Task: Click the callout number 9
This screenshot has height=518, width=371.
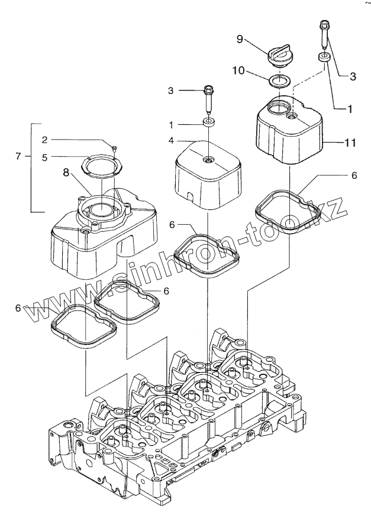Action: pos(240,39)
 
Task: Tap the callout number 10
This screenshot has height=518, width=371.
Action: pos(238,70)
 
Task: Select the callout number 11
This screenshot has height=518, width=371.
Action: pos(350,143)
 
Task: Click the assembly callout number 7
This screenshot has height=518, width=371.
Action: pos(18,156)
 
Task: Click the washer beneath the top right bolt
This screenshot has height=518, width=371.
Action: pos(324,57)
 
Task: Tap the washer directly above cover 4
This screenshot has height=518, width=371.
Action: pos(209,122)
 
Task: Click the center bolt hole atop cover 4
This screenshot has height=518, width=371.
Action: pos(207,159)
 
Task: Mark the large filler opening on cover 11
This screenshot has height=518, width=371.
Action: pos(279,108)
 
